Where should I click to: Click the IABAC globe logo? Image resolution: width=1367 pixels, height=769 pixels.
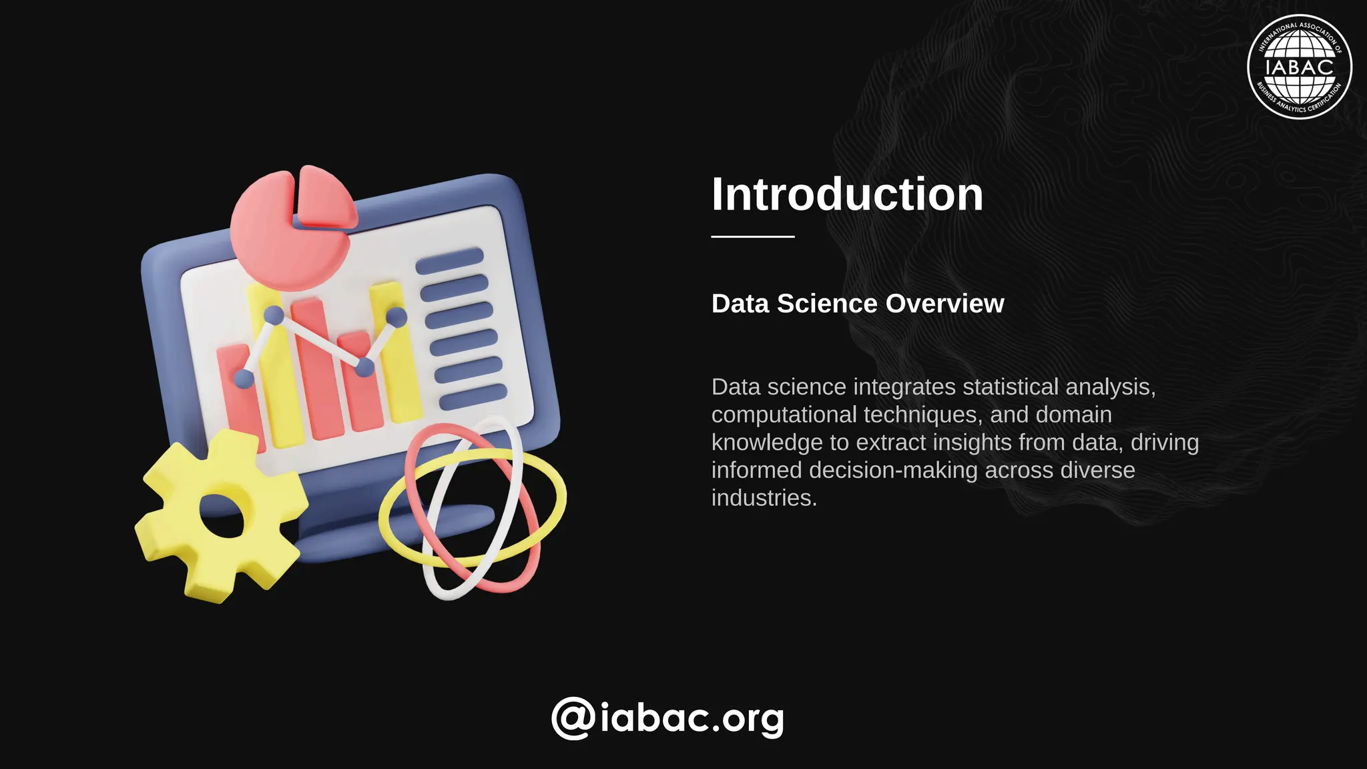tap(1299, 67)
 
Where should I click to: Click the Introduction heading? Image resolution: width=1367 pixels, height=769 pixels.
tap(847, 194)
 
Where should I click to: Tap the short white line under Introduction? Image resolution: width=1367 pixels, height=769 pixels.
tap(752, 236)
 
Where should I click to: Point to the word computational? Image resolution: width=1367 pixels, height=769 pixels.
tap(784, 415)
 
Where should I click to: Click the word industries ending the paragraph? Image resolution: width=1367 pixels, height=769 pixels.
tap(764, 498)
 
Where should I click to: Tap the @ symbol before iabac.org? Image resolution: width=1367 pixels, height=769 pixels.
tap(573, 718)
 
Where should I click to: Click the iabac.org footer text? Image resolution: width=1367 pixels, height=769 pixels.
tap(692, 718)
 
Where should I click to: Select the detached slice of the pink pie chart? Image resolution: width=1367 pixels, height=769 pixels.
tap(326, 199)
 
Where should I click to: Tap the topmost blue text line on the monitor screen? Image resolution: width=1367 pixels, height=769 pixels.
tap(449, 260)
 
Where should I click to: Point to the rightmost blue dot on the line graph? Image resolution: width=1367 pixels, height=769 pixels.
tap(396, 316)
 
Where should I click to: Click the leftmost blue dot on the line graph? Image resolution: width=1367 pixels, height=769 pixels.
tap(244, 378)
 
